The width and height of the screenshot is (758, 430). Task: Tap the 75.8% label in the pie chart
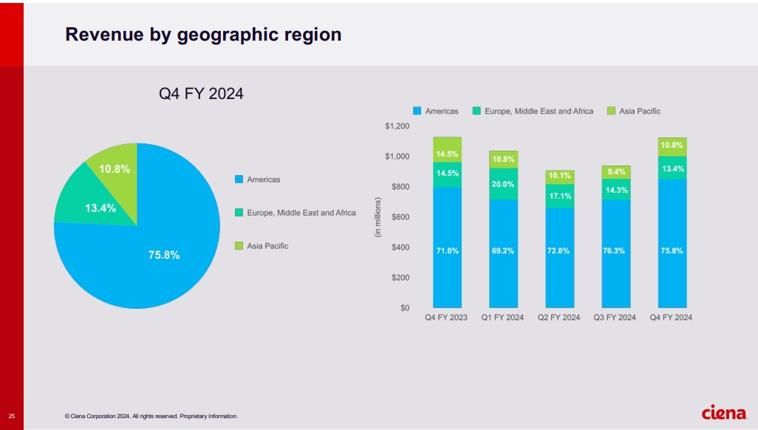(163, 255)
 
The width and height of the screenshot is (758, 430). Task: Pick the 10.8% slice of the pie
(115, 169)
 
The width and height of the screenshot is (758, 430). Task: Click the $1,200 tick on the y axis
(397, 126)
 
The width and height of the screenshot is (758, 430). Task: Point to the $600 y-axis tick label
(400, 217)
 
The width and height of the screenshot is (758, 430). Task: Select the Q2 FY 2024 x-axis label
(559, 318)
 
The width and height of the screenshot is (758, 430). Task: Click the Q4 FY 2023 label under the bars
(446, 318)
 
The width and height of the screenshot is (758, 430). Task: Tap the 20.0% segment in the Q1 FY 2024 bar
(503, 184)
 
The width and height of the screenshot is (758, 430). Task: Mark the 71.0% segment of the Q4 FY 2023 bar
(447, 251)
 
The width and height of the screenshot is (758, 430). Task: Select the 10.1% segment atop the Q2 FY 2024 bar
(559, 177)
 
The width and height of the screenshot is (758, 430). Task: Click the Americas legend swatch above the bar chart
(417, 111)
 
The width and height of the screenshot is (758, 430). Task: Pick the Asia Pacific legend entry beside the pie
(267, 245)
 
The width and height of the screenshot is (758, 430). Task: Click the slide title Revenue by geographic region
(203, 34)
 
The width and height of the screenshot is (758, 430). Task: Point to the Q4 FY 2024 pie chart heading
(202, 94)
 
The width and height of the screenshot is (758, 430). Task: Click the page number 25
(11, 415)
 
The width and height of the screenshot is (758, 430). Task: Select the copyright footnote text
(151, 416)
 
